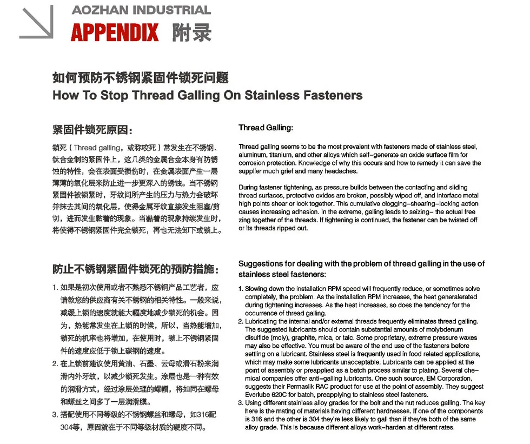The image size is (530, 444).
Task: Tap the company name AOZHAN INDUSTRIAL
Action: (x=141, y=10)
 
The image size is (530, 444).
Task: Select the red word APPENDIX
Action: (x=115, y=33)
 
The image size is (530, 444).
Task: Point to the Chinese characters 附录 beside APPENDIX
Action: (x=191, y=32)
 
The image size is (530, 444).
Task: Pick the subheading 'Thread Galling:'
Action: (x=266, y=128)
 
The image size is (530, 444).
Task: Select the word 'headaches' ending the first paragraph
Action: (x=342, y=171)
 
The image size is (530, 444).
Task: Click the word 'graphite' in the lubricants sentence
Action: (x=302, y=336)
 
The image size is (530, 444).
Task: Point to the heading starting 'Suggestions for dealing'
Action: (x=361, y=264)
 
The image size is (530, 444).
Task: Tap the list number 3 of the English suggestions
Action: (x=241, y=403)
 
